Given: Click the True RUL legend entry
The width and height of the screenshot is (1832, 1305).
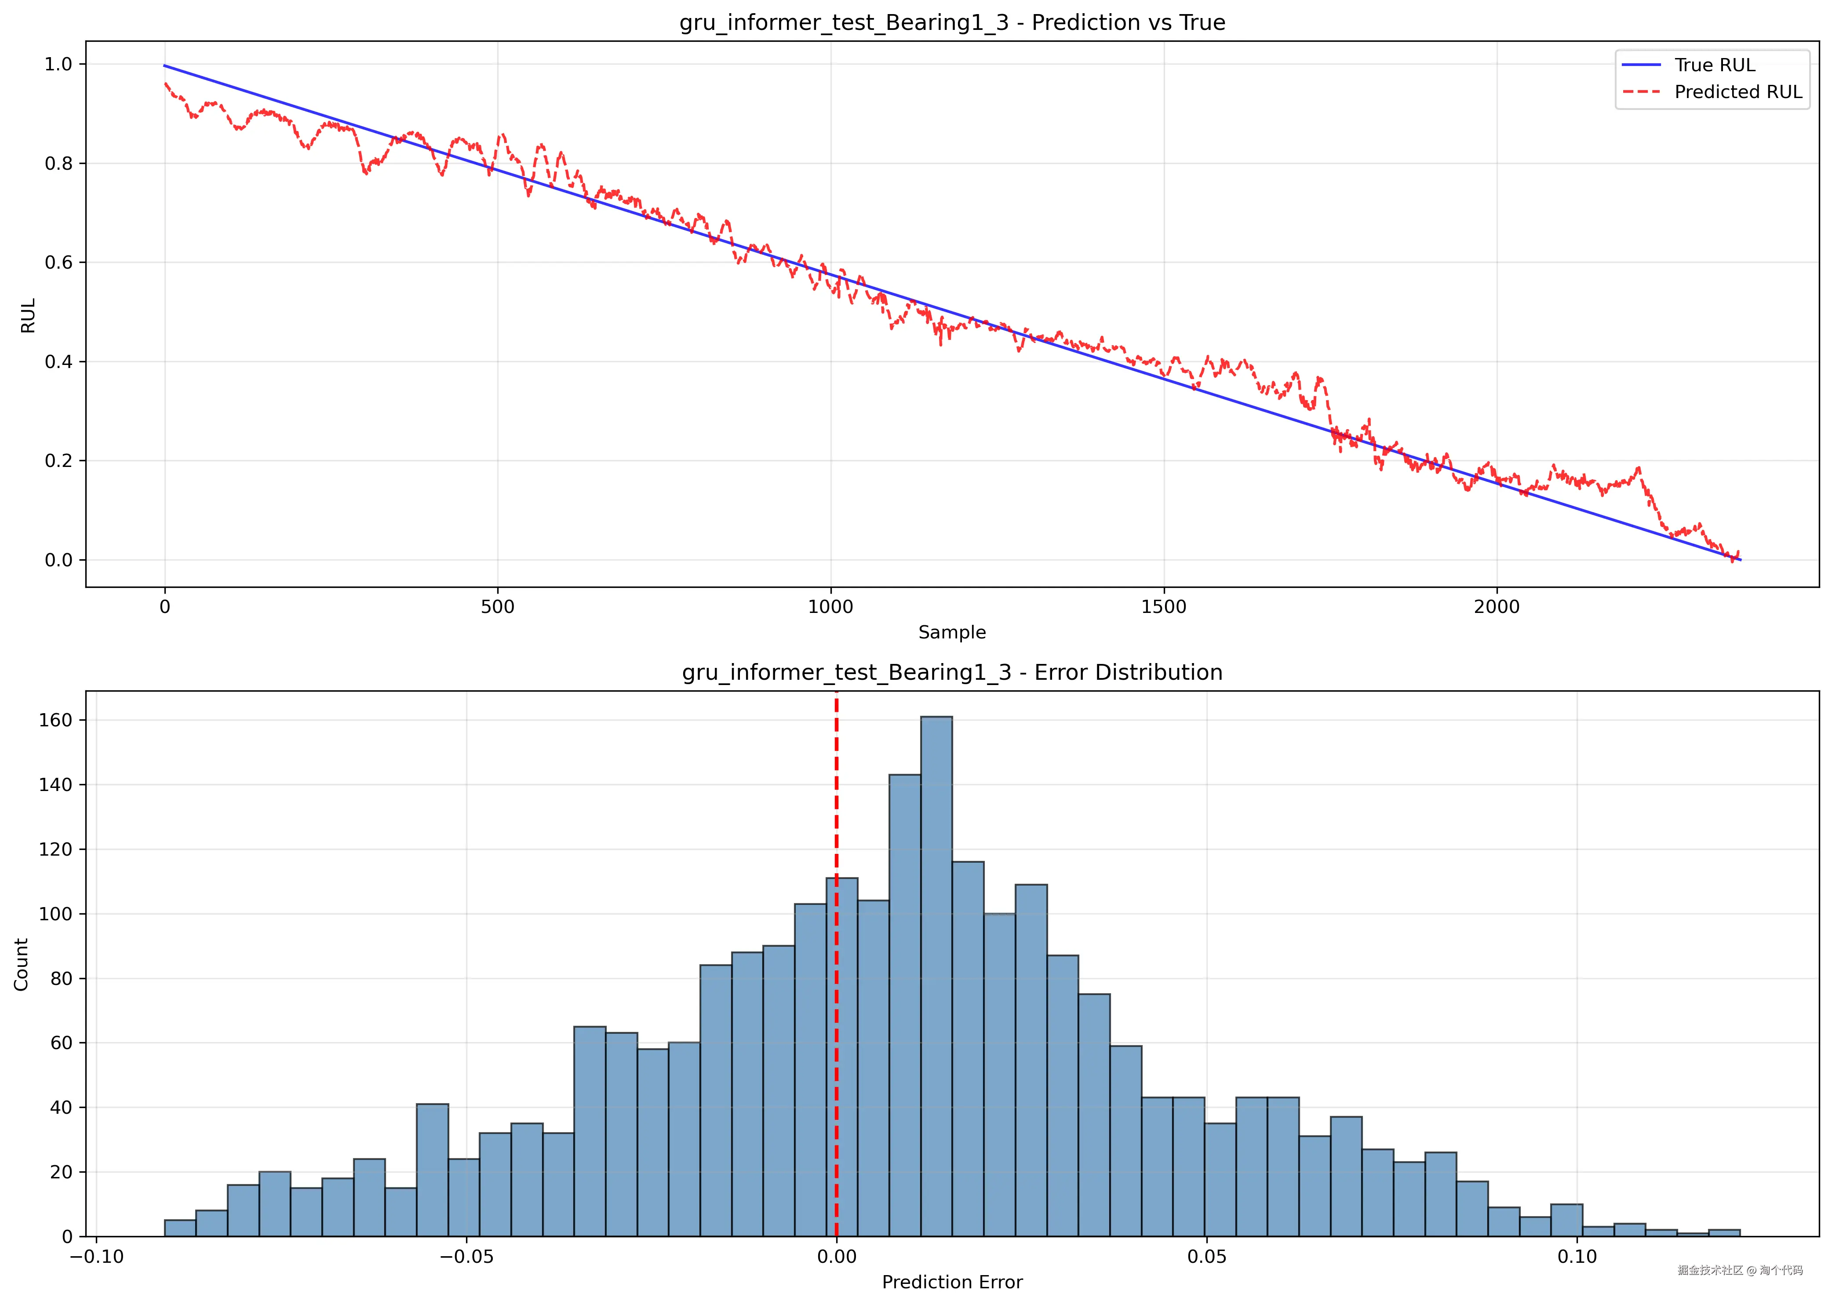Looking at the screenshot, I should click(x=1714, y=65).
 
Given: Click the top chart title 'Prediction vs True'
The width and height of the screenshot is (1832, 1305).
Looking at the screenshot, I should click(x=952, y=22).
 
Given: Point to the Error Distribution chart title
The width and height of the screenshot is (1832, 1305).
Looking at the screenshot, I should click(x=952, y=673).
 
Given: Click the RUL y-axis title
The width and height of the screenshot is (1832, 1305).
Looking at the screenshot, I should click(x=28, y=316).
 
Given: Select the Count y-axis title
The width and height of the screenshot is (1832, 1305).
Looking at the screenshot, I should click(x=21, y=964).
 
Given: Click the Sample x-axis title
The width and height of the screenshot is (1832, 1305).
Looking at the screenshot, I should click(x=952, y=632).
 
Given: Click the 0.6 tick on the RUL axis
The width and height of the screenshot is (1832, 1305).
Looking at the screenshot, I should click(x=58, y=263).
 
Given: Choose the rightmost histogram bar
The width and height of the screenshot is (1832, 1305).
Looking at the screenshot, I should click(x=1723, y=1233).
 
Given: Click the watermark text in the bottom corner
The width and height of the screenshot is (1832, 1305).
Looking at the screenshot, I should click(x=1740, y=1270).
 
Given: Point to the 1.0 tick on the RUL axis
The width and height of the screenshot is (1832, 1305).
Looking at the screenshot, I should click(x=58, y=64).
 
